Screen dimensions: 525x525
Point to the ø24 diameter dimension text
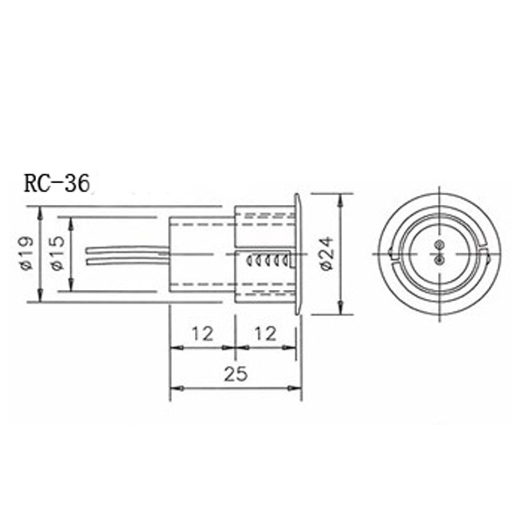[327, 253]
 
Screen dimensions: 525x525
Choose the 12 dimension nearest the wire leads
[202, 333]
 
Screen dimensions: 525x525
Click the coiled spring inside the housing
[268, 259]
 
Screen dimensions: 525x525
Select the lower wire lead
[126, 259]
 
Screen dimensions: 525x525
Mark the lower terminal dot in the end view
[439, 259]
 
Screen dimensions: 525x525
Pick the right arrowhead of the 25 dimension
[295, 388]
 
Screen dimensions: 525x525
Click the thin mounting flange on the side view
[298, 254]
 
